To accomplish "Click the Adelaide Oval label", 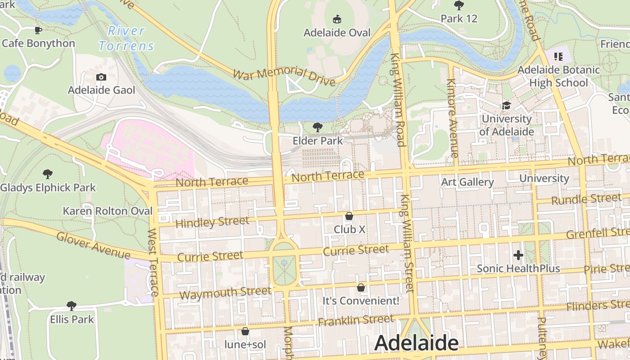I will point(337,33).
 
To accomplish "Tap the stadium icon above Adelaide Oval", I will point(337,19).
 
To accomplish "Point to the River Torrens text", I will point(126,38).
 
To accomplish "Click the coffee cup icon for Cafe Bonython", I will point(38,30).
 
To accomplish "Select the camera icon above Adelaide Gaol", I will point(101,77).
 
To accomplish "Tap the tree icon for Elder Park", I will point(318,127).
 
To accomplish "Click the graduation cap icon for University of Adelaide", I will point(506,105).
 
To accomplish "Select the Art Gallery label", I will point(468,182).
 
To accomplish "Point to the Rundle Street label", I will point(586,199).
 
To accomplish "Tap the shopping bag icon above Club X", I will point(349,216).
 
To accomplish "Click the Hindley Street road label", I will point(212,222).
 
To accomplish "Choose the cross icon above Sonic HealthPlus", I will point(518,255).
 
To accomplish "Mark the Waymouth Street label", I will point(225,293).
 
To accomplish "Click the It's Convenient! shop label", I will point(361,301).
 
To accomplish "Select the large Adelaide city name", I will point(416,343).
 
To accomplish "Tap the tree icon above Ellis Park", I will point(72,306).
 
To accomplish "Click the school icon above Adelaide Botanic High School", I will point(558,57).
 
